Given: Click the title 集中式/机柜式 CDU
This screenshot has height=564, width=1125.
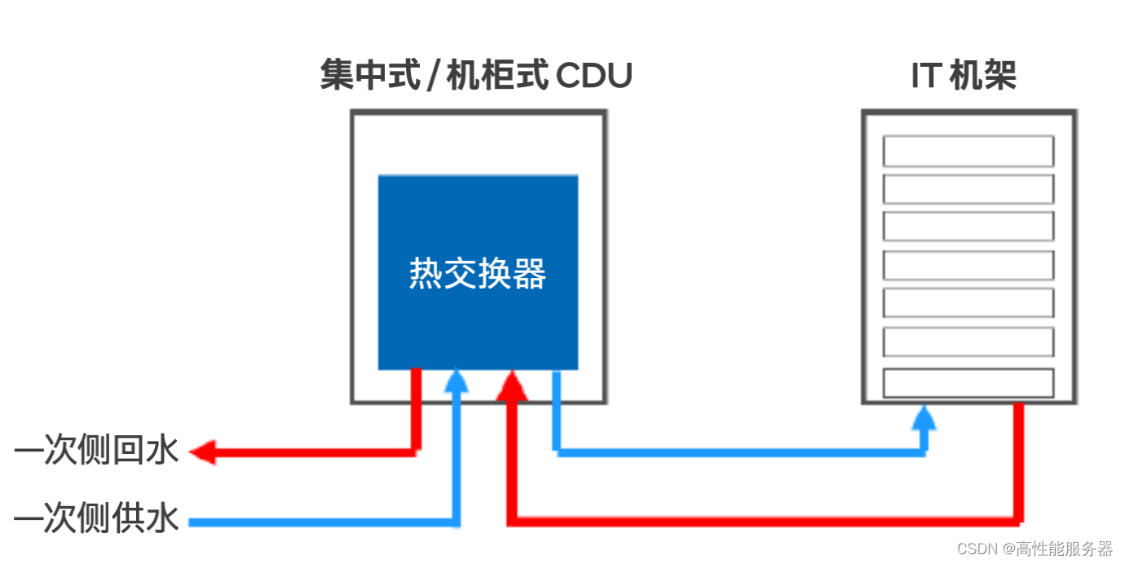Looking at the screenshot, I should click(476, 77).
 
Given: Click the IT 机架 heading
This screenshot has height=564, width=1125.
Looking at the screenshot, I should click(963, 77).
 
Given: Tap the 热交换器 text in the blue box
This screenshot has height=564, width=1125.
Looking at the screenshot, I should click(478, 274).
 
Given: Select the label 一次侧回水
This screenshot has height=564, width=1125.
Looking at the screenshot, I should click(96, 451).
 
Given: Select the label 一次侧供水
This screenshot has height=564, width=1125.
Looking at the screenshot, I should click(96, 518).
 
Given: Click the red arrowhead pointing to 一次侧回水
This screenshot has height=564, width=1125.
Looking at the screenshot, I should click(202, 451).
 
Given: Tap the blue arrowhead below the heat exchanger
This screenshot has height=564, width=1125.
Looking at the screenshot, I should click(457, 381).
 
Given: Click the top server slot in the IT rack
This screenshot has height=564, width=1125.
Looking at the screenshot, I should click(968, 151).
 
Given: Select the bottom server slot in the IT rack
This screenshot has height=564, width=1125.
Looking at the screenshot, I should click(968, 383).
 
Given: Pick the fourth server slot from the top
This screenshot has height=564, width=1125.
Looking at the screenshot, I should click(968, 266).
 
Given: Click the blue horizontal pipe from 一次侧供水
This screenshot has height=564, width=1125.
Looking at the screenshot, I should click(326, 520).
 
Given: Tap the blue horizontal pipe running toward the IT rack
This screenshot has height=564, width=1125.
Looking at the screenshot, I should click(734, 451).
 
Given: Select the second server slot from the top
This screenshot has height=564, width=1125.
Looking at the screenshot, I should click(968, 188).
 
